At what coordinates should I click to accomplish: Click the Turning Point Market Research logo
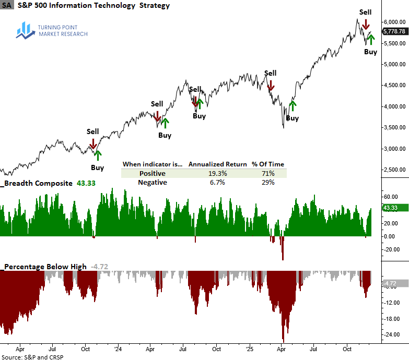tap(52, 30)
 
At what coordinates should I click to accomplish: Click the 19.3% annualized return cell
tap(217, 173)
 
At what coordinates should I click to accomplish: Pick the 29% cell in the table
tap(268, 183)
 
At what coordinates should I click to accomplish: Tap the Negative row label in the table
tap(152, 183)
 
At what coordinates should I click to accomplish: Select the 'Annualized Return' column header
tap(217, 164)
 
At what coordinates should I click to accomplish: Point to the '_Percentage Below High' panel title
tap(44, 267)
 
